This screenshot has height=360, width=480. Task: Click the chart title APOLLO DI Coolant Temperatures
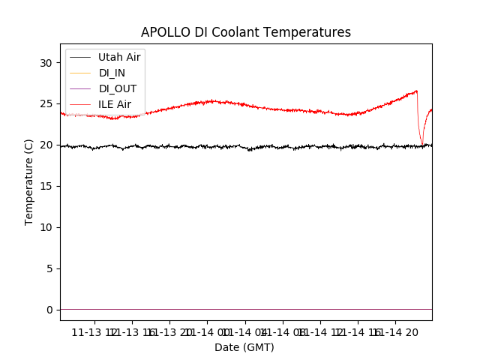pyautogui.click(x=246, y=32)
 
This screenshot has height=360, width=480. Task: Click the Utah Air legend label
pyautogui.click(x=120, y=56)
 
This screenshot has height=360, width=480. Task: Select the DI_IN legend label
pyautogui.click(x=112, y=72)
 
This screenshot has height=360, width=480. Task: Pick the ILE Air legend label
pyautogui.click(x=115, y=104)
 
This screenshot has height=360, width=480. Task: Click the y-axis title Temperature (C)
pyautogui.click(x=29, y=181)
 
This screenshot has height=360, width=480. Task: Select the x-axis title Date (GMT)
pyautogui.click(x=244, y=347)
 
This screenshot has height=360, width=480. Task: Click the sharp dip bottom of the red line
pyautogui.click(x=422, y=144)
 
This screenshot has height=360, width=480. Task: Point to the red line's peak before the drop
pyautogui.click(x=416, y=91)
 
